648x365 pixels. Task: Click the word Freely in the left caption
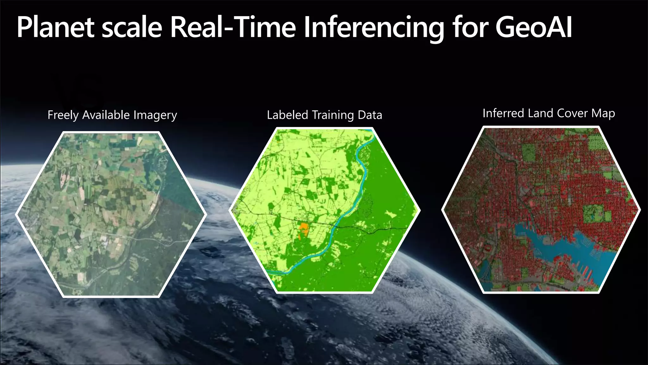(x=63, y=115)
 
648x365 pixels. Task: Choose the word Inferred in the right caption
(x=502, y=113)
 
